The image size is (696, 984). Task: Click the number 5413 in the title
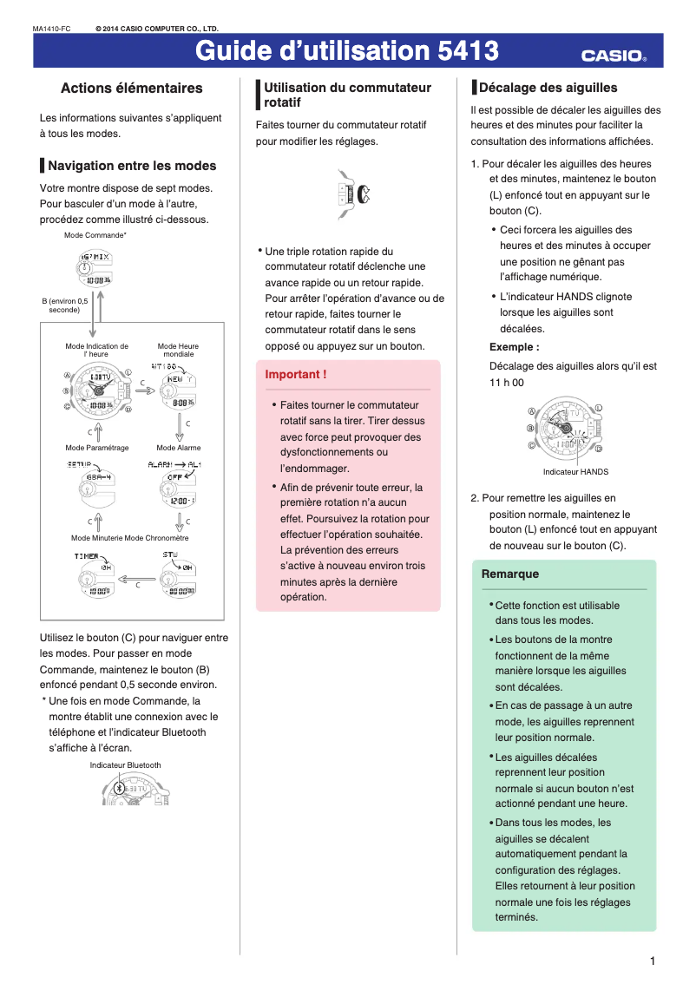pyautogui.click(x=469, y=52)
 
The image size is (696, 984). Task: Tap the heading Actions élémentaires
pyautogui.click(x=131, y=89)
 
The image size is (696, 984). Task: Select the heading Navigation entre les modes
pyautogui.click(x=132, y=166)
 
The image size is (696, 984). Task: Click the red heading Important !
pyautogui.click(x=296, y=375)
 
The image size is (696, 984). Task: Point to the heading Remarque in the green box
pyautogui.click(x=510, y=574)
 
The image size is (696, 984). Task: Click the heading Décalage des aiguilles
pyautogui.click(x=548, y=88)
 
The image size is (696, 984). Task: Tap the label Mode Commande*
pyautogui.click(x=95, y=235)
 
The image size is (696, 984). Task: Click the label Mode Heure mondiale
pyautogui.click(x=179, y=351)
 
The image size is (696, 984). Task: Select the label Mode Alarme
pyautogui.click(x=179, y=448)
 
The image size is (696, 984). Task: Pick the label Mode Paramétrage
pyautogui.click(x=97, y=448)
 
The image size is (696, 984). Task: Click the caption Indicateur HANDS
pyautogui.click(x=575, y=472)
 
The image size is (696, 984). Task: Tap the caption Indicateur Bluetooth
pyautogui.click(x=125, y=765)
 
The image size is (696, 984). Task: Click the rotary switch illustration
pyautogui.click(x=356, y=194)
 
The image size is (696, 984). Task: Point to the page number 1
pyautogui.click(x=652, y=961)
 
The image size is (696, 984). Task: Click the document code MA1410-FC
pyautogui.click(x=51, y=30)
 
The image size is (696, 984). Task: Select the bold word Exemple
pyautogui.click(x=515, y=347)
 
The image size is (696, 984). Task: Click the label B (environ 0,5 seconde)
pyautogui.click(x=65, y=305)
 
